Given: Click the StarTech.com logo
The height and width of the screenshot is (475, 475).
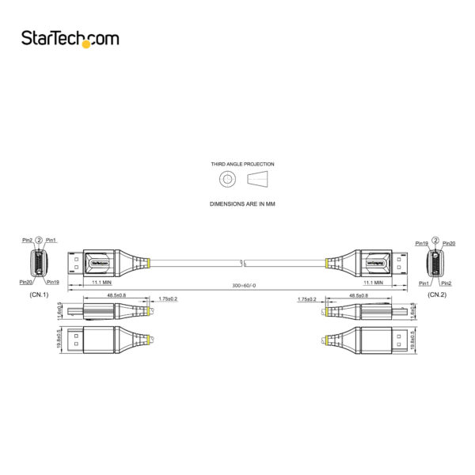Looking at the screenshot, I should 70,38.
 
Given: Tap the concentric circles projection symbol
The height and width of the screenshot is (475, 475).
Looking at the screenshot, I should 227,180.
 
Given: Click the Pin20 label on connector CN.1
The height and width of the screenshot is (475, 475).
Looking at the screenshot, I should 26,281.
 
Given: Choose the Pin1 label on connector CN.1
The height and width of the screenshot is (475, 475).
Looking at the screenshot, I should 51,240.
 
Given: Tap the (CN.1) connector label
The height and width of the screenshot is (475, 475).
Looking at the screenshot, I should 39,295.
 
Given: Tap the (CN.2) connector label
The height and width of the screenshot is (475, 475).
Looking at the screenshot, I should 438,294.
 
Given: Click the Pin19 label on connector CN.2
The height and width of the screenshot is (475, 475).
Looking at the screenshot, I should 422,244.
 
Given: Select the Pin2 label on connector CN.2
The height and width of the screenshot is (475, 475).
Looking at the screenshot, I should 446,283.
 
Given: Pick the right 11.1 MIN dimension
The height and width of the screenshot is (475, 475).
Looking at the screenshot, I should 373,282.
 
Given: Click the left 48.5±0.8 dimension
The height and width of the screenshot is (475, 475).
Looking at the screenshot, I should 116,295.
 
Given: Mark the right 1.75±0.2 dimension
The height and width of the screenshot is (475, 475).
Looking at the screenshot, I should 307,299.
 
